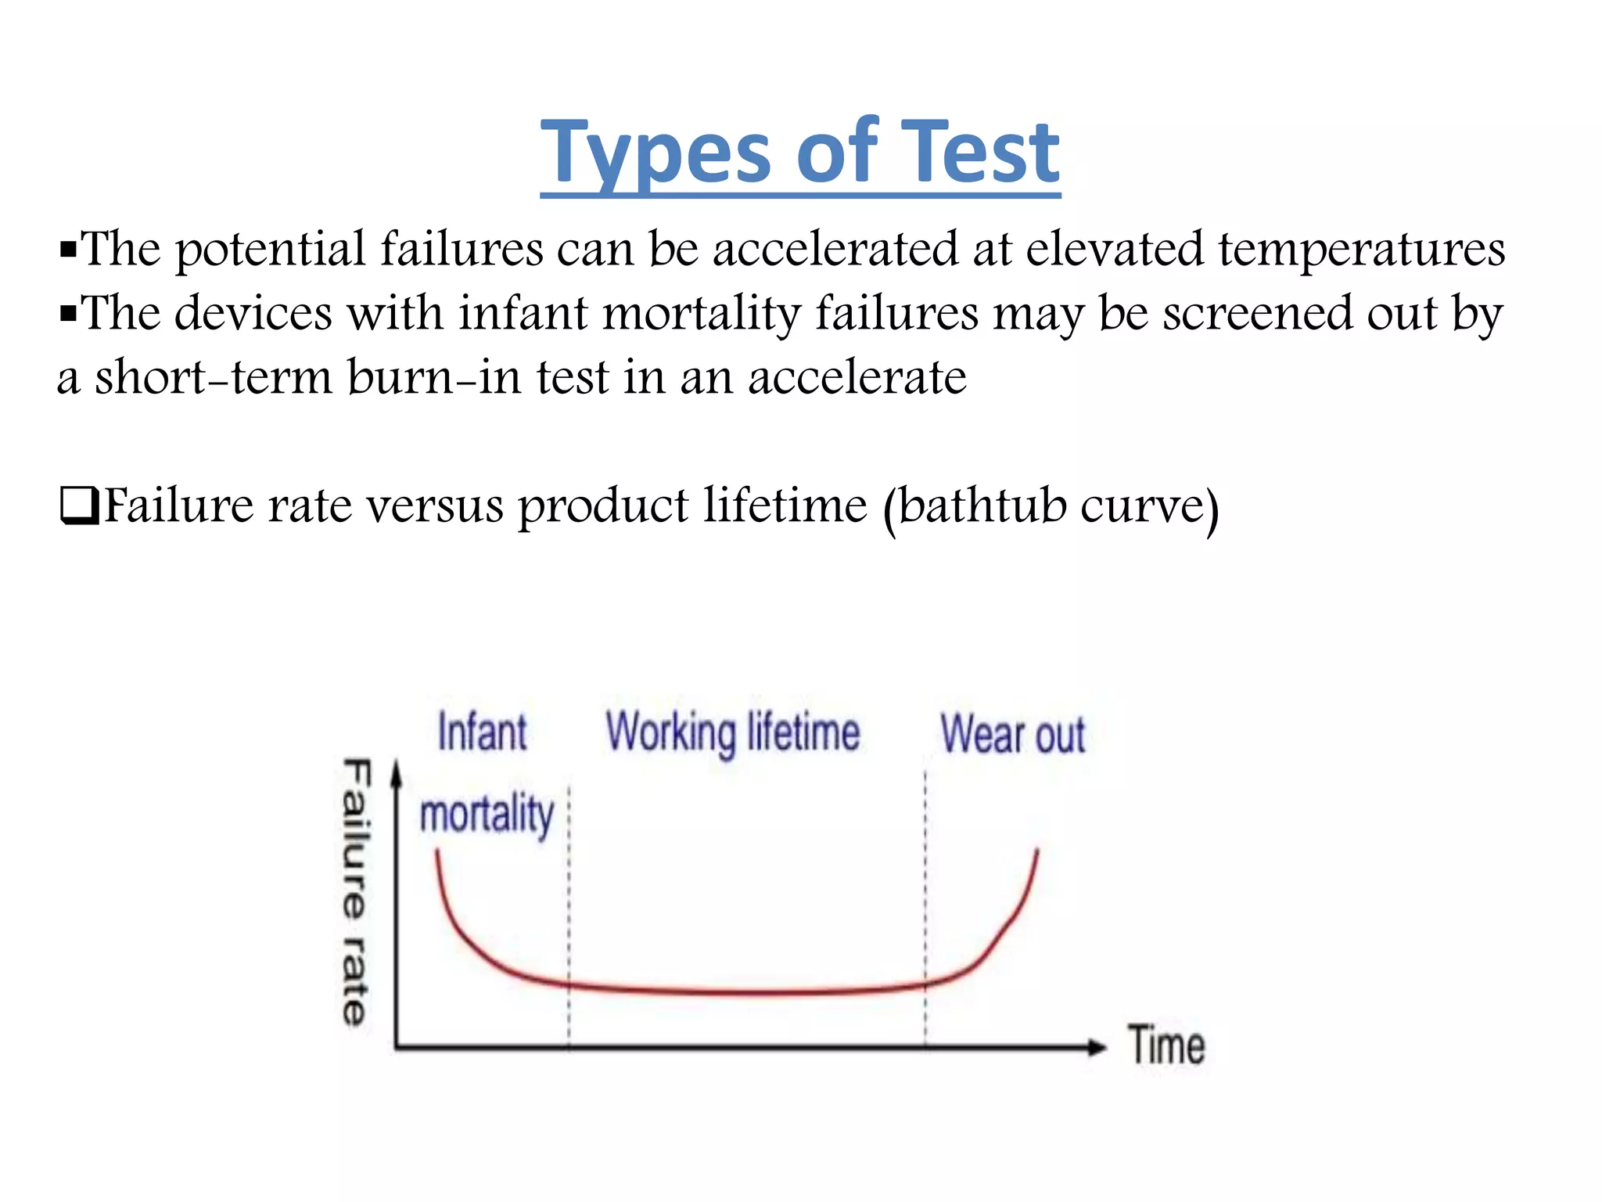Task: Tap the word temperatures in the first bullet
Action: (x=1361, y=250)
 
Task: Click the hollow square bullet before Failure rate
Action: (x=78, y=506)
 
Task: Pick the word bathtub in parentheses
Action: (x=982, y=506)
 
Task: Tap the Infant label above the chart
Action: (x=482, y=732)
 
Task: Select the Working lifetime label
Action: (x=733, y=733)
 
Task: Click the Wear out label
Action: (x=1012, y=735)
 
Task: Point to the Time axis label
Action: (x=1166, y=1045)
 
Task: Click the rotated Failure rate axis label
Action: (x=355, y=892)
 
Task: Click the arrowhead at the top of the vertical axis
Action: (x=397, y=772)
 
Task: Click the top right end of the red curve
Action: (x=1037, y=851)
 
